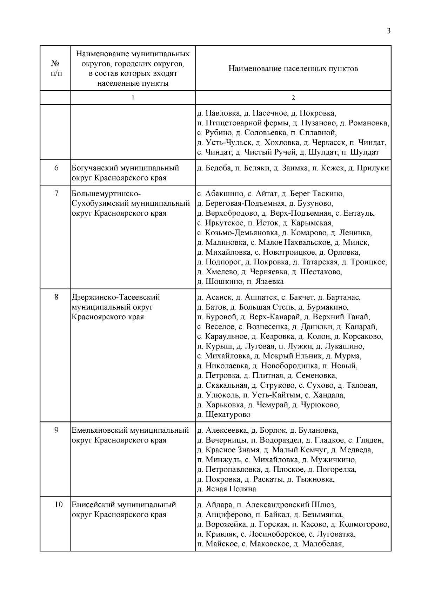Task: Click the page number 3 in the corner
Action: (x=388, y=31)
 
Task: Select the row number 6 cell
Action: (x=56, y=168)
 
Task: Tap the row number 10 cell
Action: (x=59, y=505)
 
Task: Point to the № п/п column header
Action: (x=55, y=68)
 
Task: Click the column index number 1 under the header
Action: (x=133, y=98)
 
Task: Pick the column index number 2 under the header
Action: (x=293, y=98)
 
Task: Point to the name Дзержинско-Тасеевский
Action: (x=116, y=297)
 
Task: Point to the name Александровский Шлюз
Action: (x=290, y=505)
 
